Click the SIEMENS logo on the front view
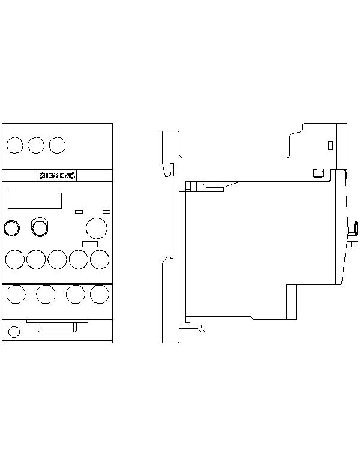(x=57, y=176)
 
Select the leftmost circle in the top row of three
(x=15, y=145)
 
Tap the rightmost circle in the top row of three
(x=57, y=145)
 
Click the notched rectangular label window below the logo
(x=35, y=199)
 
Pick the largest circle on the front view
(x=97, y=229)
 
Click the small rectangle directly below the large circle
(x=89, y=244)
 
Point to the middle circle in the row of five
(x=57, y=259)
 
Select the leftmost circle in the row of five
(x=15, y=259)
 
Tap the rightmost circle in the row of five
(x=100, y=259)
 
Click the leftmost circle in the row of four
(x=16, y=294)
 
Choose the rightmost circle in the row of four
(x=100, y=294)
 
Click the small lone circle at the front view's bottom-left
(x=14, y=332)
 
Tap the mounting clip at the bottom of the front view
(x=57, y=326)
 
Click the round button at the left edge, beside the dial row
(x=11, y=229)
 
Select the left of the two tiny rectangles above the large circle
(x=79, y=211)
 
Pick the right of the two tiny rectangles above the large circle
(x=106, y=211)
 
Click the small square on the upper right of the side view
(x=319, y=173)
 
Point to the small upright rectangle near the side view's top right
(x=331, y=145)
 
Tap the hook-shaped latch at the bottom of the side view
(x=191, y=328)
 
